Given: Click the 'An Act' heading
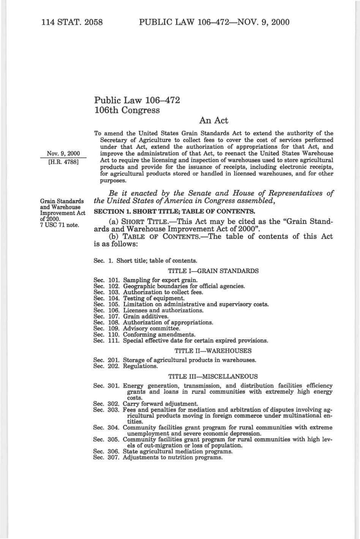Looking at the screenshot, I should click(213, 121).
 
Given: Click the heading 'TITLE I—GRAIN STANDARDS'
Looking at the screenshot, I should click(213, 271).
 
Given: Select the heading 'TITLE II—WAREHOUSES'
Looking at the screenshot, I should click(213, 351).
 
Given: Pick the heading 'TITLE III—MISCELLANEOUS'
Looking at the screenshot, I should click(213, 376).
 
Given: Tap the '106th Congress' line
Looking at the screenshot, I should click(127, 111).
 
